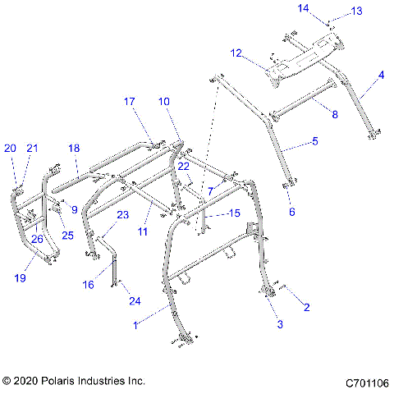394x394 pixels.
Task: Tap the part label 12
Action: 236,53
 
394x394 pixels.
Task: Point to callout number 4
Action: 380,76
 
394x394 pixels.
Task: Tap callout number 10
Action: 164,102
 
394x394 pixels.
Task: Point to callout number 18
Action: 74,149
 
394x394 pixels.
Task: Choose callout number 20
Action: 10,149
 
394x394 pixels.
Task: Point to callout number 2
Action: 307,309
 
